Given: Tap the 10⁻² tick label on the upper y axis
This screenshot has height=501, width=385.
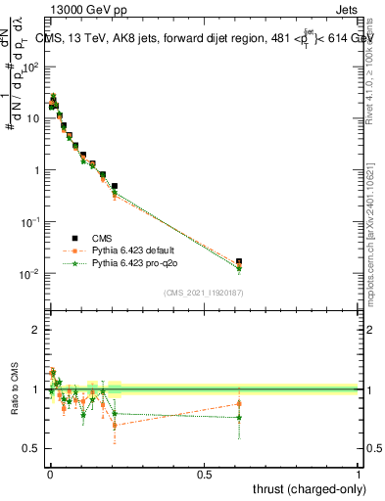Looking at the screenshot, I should pos(31,273).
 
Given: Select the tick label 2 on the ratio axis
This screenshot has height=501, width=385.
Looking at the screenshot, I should pos(35,330).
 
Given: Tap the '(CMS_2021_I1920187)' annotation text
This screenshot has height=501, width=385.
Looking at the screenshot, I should pos(203,293).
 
